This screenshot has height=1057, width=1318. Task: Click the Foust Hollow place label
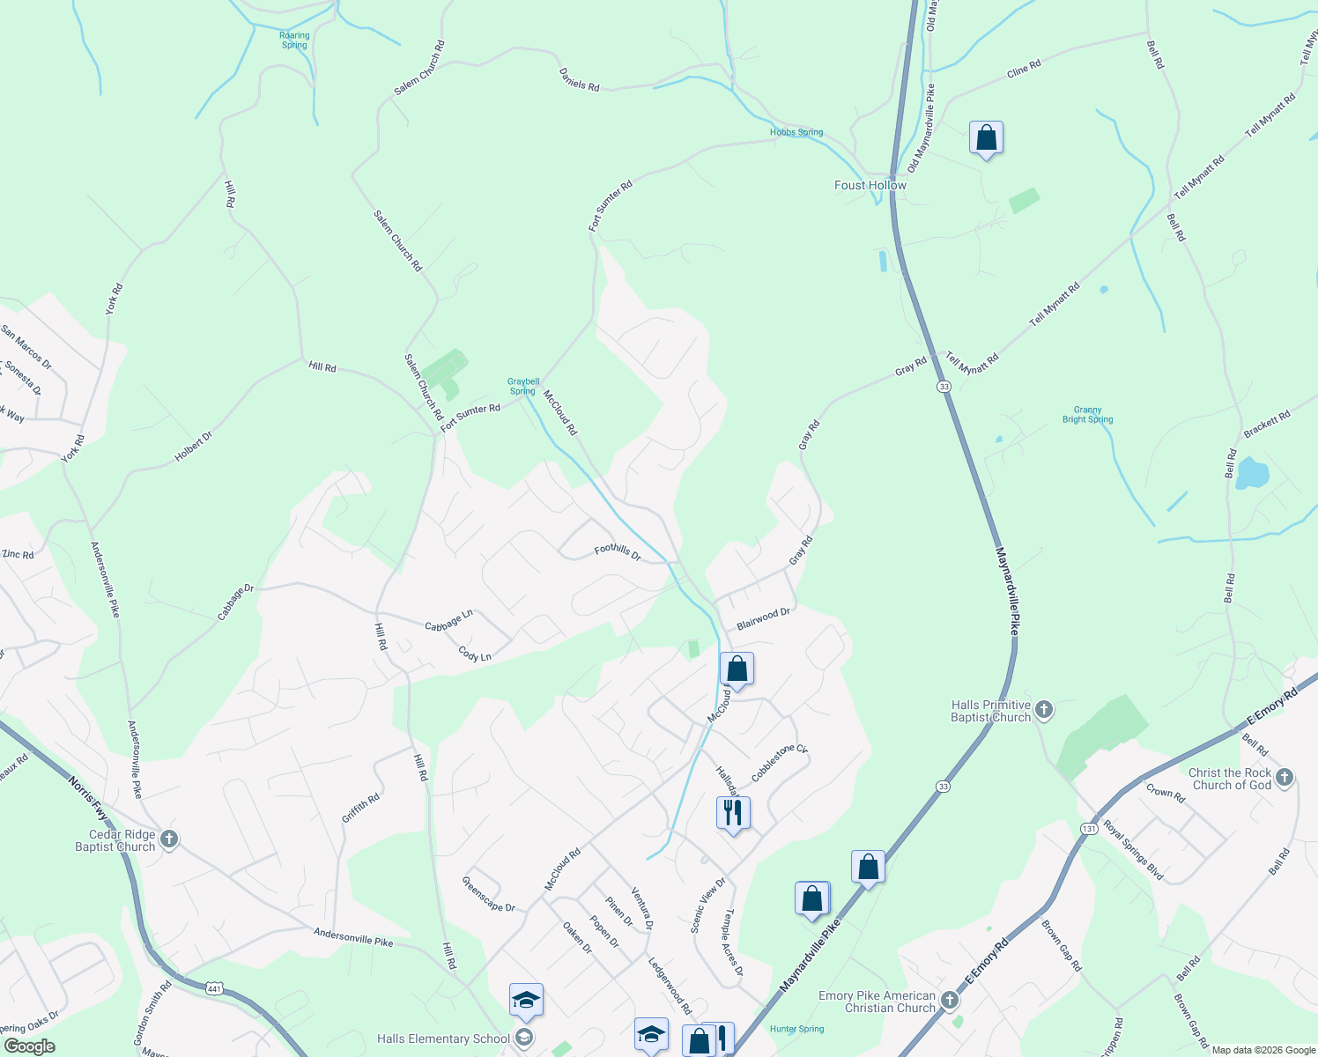click(870, 185)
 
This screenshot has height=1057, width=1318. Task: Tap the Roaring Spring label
click(294, 41)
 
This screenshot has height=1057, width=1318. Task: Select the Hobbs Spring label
click(796, 133)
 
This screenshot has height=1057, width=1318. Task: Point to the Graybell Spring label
click(523, 387)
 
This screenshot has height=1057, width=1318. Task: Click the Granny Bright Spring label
click(1087, 415)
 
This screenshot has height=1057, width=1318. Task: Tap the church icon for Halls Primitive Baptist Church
click(1044, 709)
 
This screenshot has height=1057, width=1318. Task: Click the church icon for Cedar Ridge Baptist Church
click(169, 839)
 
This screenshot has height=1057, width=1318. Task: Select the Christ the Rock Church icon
click(1285, 777)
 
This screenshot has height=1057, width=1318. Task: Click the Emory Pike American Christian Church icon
click(949, 1000)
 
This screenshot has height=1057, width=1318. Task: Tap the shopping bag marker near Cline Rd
click(986, 138)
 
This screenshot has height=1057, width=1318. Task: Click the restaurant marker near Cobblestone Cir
click(733, 813)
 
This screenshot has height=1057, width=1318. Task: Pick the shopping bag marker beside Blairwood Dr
click(737, 669)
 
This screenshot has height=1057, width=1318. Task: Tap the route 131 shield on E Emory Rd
click(1090, 829)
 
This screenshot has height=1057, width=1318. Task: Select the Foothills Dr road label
click(618, 551)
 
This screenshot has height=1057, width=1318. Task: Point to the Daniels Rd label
click(579, 80)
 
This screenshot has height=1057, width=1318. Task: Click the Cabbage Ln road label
click(448, 621)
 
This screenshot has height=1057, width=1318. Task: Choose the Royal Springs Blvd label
click(1134, 851)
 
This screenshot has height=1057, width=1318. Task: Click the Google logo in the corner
click(29, 1046)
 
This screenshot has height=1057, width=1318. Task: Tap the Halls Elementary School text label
click(443, 1039)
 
